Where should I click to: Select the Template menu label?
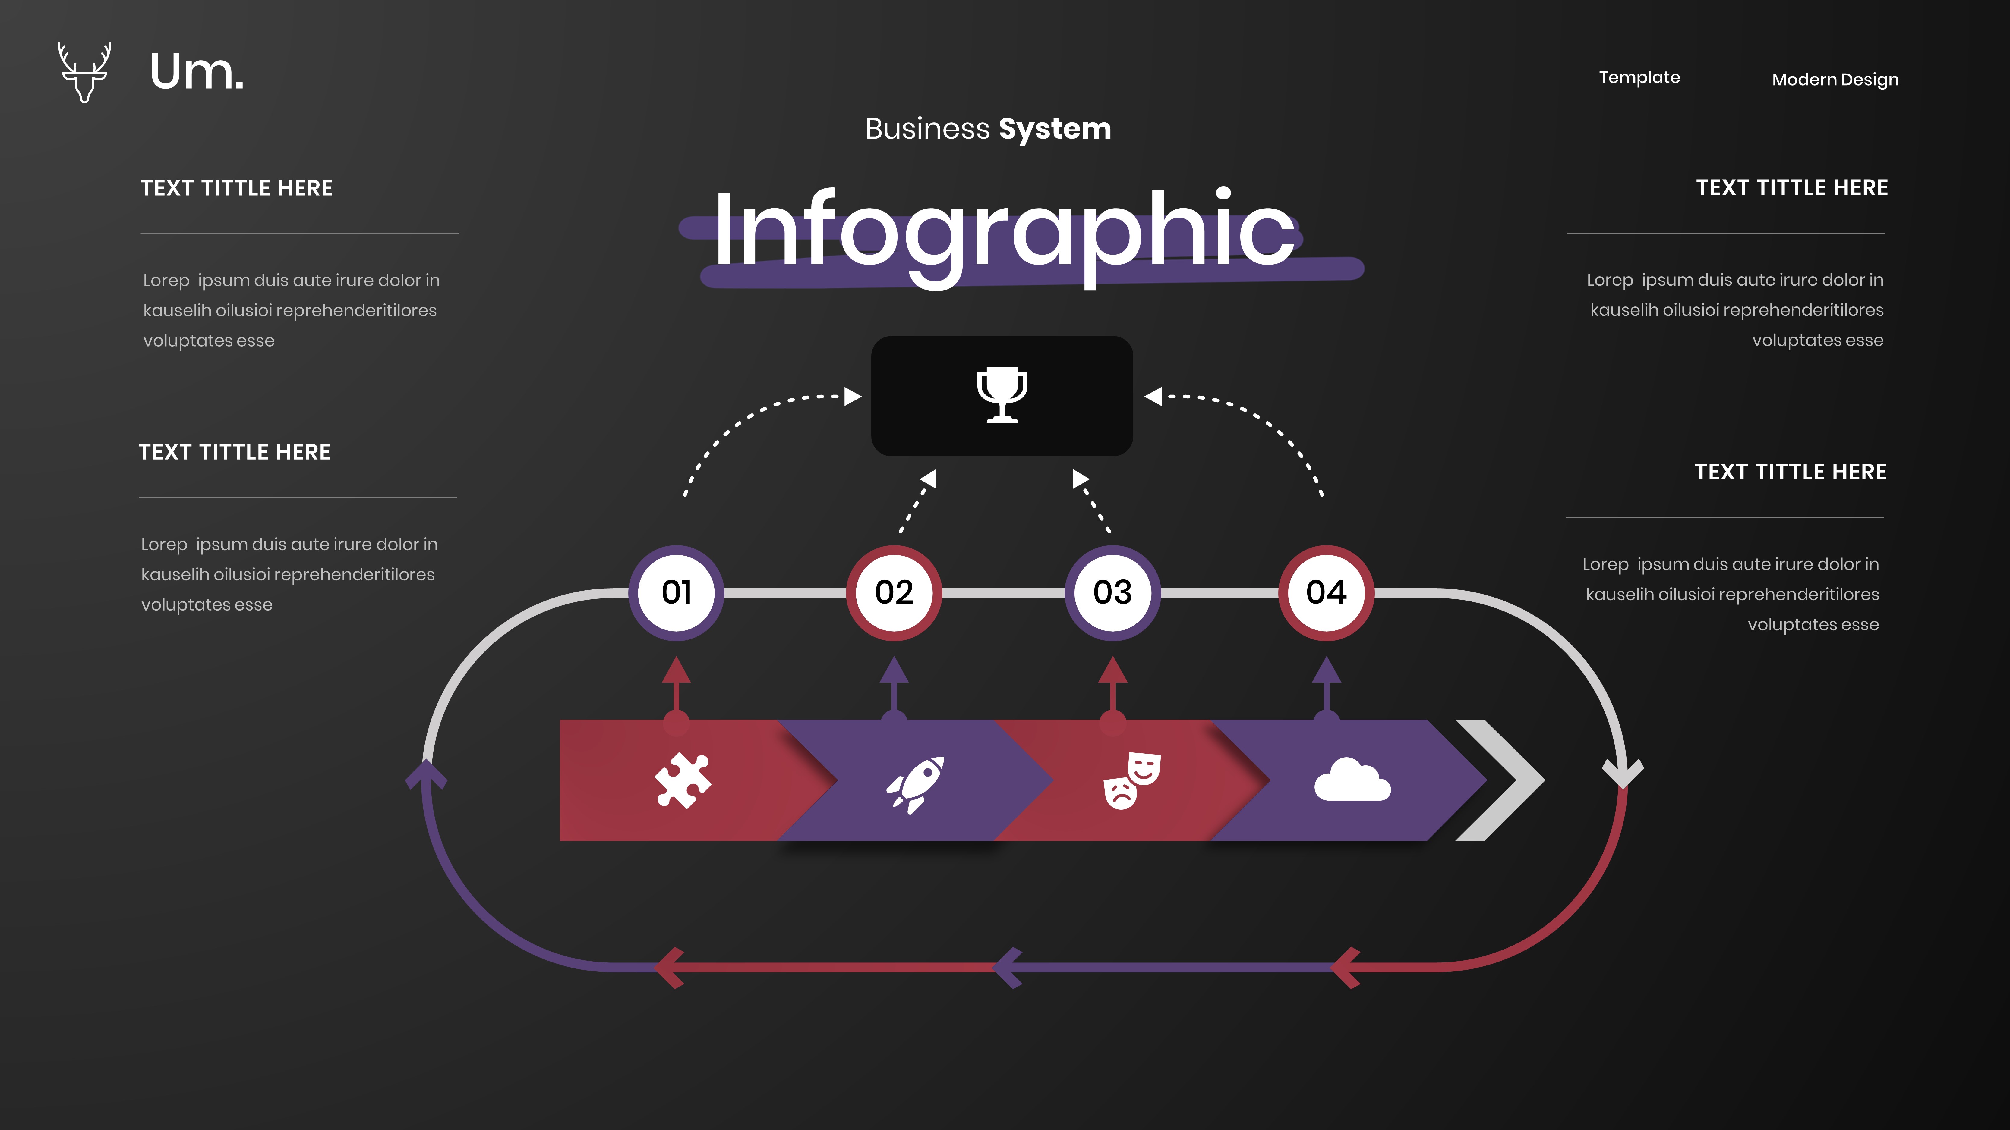pos(1639,77)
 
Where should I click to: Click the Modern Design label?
pos(1835,80)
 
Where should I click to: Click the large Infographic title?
pos(1004,232)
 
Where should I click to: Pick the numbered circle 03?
pos(1112,593)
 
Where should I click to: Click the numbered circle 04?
pos(1326,593)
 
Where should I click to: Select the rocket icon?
pos(915,784)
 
